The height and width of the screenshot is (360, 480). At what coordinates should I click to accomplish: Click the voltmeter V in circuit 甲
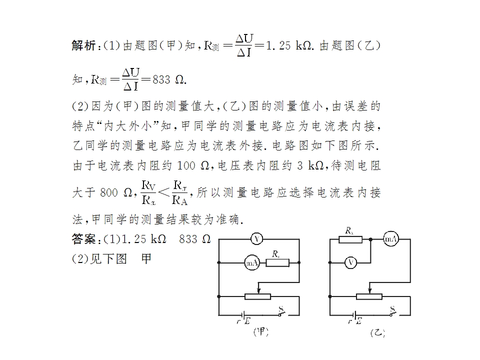pyautogui.click(x=256, y=239)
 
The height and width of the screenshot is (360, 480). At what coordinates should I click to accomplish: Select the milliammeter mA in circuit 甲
pyautogui.click(x=251, y=262)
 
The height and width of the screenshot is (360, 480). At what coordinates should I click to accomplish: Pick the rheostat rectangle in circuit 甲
pyautogui.click(x=257, y=296)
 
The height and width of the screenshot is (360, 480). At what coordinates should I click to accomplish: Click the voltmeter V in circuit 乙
pyautogui.click(x=351, y=262)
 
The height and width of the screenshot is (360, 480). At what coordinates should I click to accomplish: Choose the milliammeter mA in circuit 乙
pyautogui.click(x=391, y=239)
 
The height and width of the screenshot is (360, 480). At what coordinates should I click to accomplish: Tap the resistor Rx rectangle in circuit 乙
pyautogui.click(x=350, y=239)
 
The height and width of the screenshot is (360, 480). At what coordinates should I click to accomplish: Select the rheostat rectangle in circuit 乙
pyautogui.click(x=369, y=296)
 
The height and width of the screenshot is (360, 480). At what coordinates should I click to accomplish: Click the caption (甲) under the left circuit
pyautogui.click(x=261, y=331)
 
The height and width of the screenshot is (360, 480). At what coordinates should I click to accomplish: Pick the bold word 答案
pyautogui.click(x=83, y=239)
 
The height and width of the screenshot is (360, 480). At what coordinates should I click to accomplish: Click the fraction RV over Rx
pyautogui.click(x=148, y=193)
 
